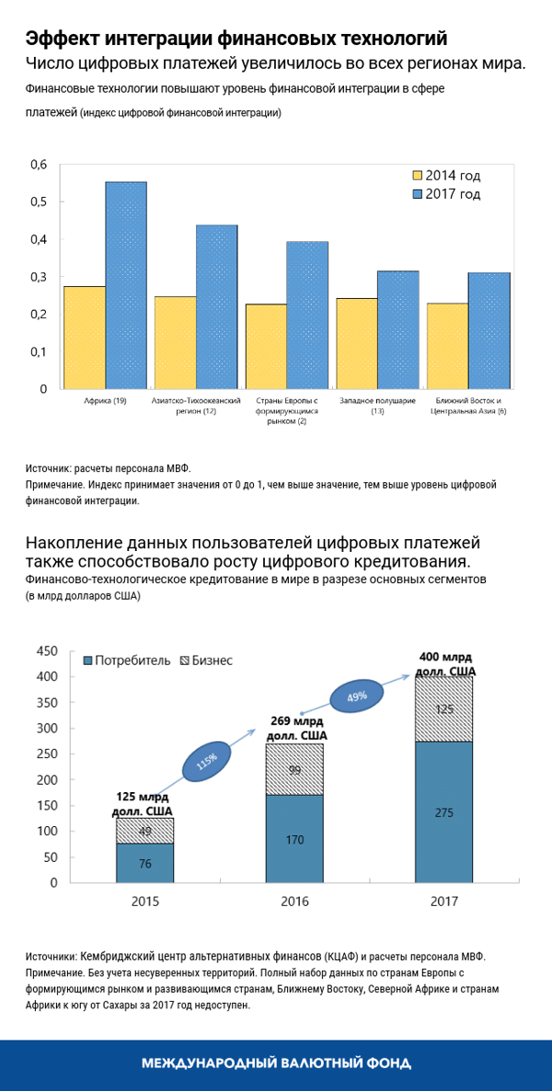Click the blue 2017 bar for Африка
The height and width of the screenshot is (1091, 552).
pyautogui.click(x=125, y=285)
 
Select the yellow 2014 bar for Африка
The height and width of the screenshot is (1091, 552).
pyautogui.click(x=84, y=338)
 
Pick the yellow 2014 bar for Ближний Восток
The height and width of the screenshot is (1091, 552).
pyautogui.click(x=447, y=346)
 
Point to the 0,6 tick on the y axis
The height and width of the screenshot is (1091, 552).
pyautogui.click(x=38, y=165)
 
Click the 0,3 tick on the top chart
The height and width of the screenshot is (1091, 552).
pyautogui.click(x=38, y=277)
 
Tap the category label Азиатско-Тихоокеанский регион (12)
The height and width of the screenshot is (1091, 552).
pyautogui.click(x=196, y=407)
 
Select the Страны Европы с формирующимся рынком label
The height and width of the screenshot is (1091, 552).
pyautogui.click(x=287, y=411)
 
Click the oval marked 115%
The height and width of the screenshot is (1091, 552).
pyautogui.click(x=206, y=763)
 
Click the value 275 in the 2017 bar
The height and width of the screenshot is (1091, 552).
pyautogui.click(x=443, y=812)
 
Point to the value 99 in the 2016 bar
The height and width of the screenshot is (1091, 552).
pyautogui.click(x=294, y=770)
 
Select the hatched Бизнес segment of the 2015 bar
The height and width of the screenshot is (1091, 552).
pyautogui.click(x=144, y=831)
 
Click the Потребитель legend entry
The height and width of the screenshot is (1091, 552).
pyautogui.click(x=127, y=660)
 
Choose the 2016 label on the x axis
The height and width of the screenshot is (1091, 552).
pyautogui.click(x=294, y=902)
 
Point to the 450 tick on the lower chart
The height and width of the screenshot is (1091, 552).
pyautogui.click(x=46, y=651)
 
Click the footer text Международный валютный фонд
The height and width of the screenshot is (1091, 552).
pyautogui.click(x=276, y=1062)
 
